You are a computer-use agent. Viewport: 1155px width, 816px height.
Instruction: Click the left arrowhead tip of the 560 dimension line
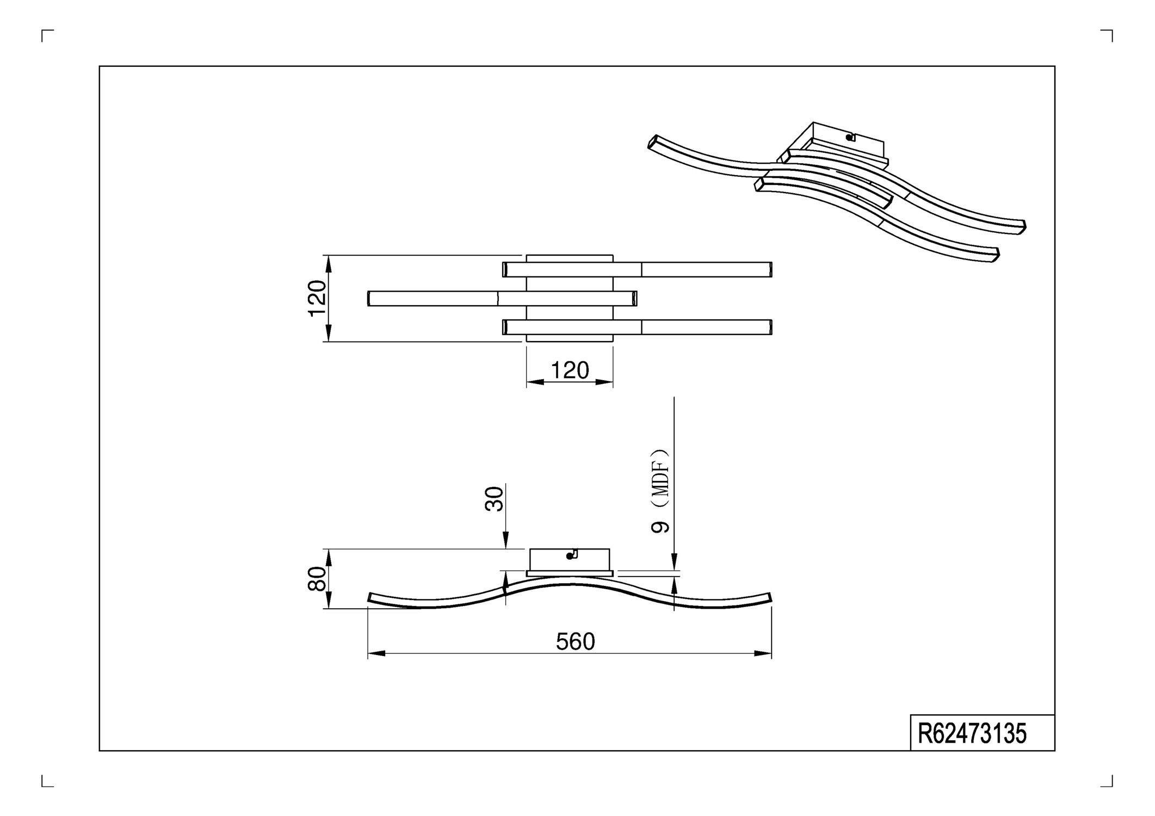click(x=368, y=653)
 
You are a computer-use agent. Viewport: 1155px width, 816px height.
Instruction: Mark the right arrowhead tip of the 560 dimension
click(x=771, y=653)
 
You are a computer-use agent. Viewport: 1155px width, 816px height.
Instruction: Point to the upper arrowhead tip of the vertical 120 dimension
click(x=328, y=256)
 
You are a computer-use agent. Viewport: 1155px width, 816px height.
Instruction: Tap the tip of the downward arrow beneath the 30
click(x=505, y=548)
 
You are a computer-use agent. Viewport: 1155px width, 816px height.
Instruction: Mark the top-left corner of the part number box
click(x=911, y=715)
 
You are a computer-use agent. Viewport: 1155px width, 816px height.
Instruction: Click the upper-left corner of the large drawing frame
click(x=100, y=66)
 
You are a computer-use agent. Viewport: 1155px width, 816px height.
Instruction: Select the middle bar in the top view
click(x=502, y=299)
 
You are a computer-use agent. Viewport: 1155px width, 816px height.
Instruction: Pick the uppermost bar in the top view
click(x=637, y=269)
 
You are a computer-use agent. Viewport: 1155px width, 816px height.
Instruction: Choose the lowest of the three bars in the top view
click(x=637, y=327)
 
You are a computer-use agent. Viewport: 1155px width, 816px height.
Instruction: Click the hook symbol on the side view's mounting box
click(x=571, y=554)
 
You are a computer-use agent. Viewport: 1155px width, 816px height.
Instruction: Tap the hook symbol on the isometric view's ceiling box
click(x=851, y=137)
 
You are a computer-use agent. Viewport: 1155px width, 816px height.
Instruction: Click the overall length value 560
click(x=576, y=642)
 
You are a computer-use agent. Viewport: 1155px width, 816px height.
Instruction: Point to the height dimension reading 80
click(x=317, y=578)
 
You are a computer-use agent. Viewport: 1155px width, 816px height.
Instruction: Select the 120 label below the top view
click(x=570, y=370)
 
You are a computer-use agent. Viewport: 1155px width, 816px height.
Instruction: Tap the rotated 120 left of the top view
click(x=317, y=298)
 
